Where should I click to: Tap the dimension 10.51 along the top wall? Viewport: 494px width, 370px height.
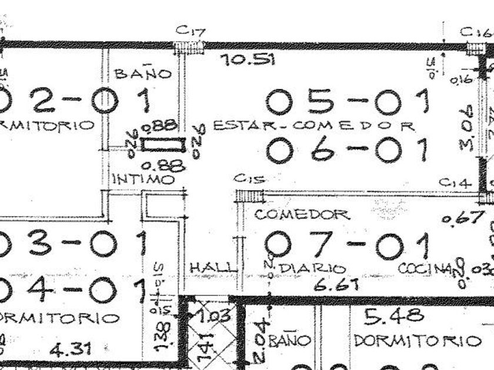[x=246, y=59]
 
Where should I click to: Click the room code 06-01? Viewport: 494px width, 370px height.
[x=348, y=150]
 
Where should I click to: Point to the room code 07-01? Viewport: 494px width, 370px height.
[x=347, y=245]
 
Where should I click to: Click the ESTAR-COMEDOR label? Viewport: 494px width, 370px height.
[x=314, y=125]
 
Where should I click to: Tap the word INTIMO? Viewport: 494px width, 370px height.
[x=143, y=179]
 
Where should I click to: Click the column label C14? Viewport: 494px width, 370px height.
[x=455, y=183]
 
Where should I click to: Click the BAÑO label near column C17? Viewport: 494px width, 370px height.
[x=143, y=73]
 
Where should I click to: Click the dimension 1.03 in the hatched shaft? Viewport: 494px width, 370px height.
[x=213, y=316]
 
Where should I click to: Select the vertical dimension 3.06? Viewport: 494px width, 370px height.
[x=469, y=128]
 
